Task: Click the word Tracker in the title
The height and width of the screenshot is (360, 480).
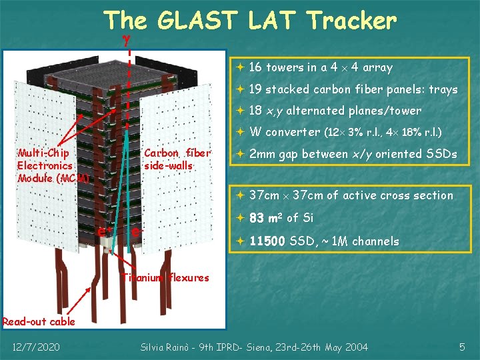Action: pos(351,21)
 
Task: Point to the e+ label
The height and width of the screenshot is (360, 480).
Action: pos(104,231)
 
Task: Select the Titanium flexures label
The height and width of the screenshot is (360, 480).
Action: pos(167,277)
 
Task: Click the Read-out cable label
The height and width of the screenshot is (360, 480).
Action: pos(39,321)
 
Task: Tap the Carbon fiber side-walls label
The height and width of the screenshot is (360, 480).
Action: pos(177,159)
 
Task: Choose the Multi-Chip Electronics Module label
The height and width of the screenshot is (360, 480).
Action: pos(51,165)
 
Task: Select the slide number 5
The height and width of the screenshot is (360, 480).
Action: pos(462,347)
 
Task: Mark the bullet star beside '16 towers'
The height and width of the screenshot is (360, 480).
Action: pos(240,67)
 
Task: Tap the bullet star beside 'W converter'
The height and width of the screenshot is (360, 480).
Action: pos(240,132)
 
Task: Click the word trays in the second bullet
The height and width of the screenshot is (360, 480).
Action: pos(443,89)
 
